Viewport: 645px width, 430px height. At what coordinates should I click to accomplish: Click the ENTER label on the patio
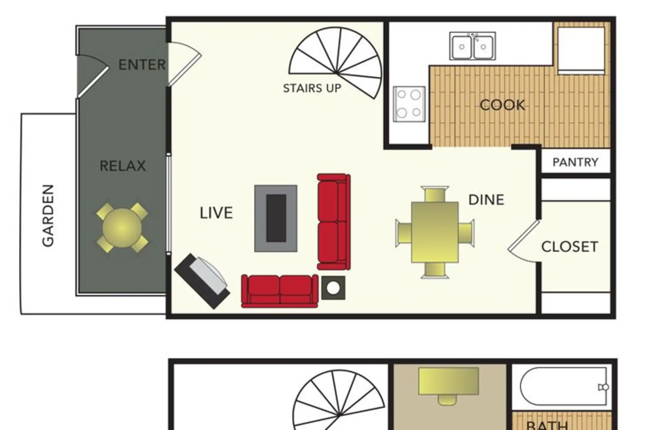click(x=142, y=64)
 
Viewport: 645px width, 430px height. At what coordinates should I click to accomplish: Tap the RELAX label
click(x=123, y=166)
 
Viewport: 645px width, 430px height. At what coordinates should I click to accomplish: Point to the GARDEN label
click(x=48, y=216)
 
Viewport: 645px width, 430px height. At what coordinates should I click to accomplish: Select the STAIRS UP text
click(x=312, y=88)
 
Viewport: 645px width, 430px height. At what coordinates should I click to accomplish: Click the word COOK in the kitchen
click(x=502, y=105)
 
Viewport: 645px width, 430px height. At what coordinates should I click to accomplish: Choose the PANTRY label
click(x=575, y=162)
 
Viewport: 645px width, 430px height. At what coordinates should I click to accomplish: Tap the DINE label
click(x=486, y=200)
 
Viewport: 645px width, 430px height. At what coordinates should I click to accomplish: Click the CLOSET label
click(x=570, y=247)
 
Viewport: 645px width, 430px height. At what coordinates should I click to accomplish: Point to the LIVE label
click(x=216, y=213)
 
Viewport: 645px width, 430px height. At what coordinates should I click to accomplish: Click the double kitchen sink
click(x=472, y=46)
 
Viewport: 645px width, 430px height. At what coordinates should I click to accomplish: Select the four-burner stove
click(x=409, y=104)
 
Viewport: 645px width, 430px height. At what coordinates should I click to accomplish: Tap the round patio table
click(x=122, y=228)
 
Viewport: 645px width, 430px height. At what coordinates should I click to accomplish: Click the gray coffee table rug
click(x=276, y=218)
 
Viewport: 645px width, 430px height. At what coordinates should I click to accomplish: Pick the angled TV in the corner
click(x=202, y=281)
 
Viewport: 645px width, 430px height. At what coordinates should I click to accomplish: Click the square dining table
click(x=435, y=232)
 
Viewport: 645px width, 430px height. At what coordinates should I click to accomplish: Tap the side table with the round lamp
click(x=333, y=288)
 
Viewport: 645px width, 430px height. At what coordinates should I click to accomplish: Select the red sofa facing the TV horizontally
click(x=279, y=291)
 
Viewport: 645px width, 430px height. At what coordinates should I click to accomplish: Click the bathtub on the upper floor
click(x=564, y=386)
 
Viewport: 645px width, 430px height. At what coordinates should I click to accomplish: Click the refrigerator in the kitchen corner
click(x=581, y=51)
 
